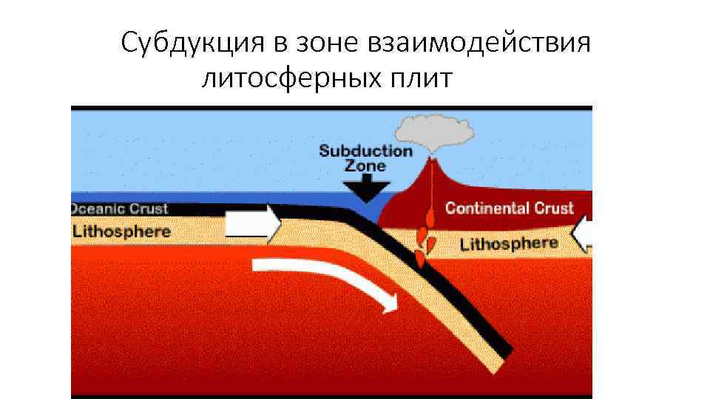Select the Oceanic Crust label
120,208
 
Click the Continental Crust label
509,208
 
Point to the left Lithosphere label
121,231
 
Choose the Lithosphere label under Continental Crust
509,243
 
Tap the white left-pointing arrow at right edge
583,235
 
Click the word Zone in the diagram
365,166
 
